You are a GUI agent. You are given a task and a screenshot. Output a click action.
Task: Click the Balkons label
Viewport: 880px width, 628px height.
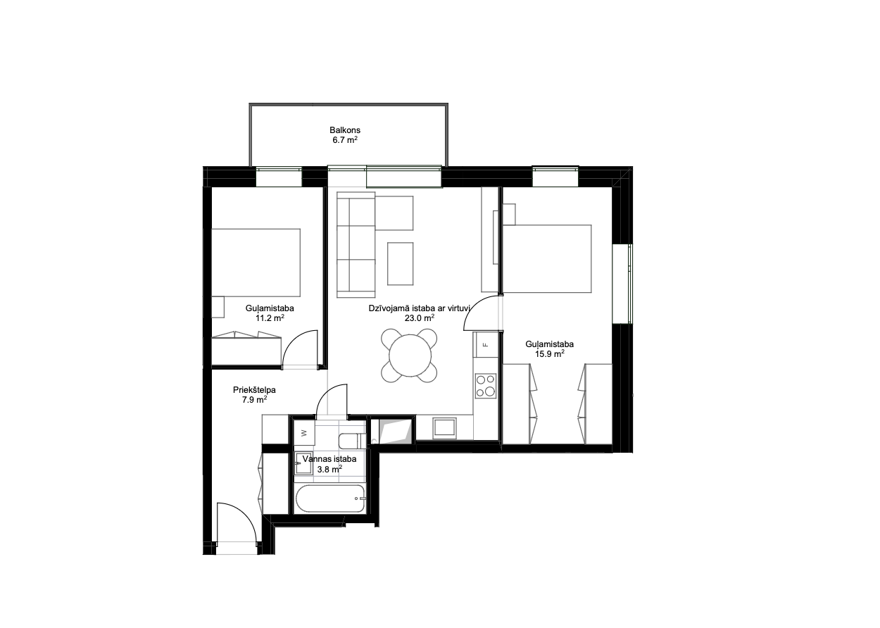pos(345,130)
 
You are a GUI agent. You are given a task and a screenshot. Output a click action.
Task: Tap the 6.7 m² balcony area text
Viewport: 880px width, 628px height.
pos(345,140)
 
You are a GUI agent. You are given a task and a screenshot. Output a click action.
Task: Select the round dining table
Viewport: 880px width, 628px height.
pos(410,356)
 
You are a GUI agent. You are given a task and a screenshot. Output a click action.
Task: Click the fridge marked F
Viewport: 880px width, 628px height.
pos(486,345)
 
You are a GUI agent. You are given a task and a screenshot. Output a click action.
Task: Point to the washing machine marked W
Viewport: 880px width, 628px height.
pos(303,433)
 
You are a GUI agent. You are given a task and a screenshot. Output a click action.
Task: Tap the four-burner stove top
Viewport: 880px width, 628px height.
pos(486,386)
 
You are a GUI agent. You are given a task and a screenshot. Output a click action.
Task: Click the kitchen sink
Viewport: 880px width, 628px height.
pos(444,428)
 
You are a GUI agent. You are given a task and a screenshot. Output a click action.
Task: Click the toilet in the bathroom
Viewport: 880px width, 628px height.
pos(353,441)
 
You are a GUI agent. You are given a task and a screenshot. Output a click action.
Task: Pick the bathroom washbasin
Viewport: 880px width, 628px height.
pos(303,464)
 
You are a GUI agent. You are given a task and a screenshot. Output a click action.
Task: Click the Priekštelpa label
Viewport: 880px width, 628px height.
pos(254,390)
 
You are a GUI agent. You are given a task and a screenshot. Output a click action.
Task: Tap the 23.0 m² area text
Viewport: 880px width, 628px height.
pos(419,318)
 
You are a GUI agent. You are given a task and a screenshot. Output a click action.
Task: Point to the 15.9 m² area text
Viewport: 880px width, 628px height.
pos(550,353)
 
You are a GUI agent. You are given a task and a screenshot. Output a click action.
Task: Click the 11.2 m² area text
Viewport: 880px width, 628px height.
pos(270,318)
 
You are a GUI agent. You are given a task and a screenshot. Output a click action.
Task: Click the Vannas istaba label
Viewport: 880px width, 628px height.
pos(329,459)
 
